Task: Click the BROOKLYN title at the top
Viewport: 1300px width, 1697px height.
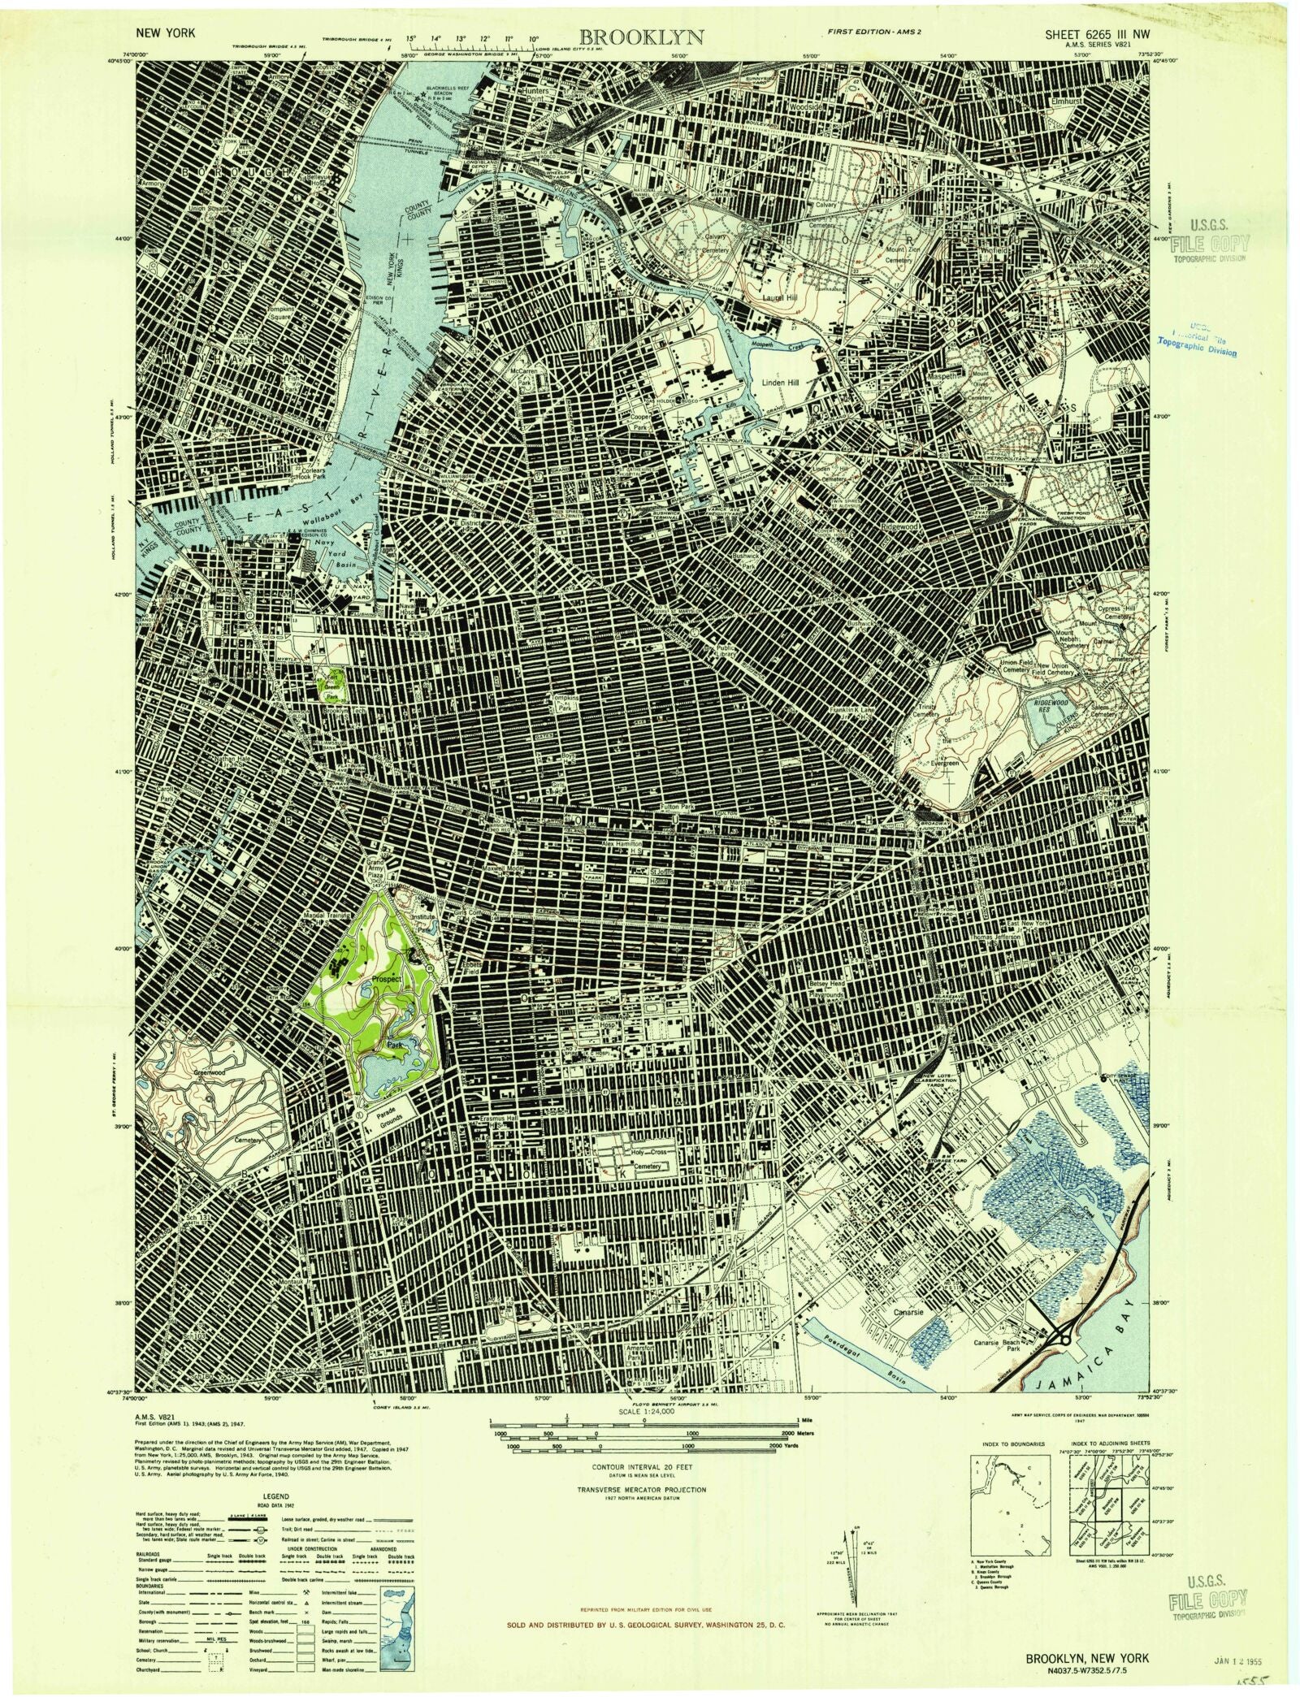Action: pyautogui.click(x=653, y=37)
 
